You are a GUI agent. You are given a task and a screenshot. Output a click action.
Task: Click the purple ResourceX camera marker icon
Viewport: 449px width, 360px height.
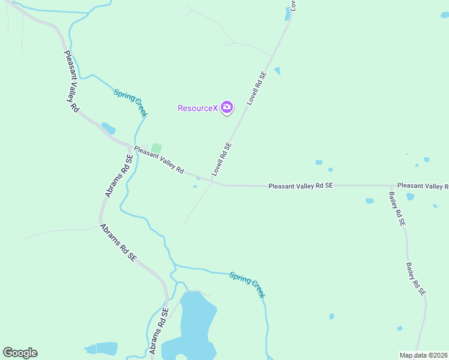coord(227,108)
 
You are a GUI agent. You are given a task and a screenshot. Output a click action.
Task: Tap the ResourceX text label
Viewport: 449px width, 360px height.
coord(197,109)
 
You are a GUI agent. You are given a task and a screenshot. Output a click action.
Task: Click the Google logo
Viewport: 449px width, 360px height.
coord(20,353)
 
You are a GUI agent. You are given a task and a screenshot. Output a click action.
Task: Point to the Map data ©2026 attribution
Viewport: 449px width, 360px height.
coord(423,355)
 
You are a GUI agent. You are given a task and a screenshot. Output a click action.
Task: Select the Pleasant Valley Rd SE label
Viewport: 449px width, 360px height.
coord(300,186)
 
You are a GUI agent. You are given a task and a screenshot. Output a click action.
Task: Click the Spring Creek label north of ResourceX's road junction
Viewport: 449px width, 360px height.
coord(130,103)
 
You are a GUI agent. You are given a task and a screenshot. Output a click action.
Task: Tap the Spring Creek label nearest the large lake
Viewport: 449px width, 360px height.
coord(247,284)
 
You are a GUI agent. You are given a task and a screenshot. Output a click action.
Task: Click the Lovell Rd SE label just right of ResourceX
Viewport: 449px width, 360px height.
coord(256,89)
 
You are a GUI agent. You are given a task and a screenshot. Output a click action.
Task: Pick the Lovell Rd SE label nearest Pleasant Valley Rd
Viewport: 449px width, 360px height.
coord(221,159)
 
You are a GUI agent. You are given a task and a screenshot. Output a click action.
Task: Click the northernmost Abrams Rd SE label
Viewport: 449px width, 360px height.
coord(119,176)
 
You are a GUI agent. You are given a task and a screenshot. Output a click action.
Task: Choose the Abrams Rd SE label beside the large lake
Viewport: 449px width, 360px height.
coord(156,331)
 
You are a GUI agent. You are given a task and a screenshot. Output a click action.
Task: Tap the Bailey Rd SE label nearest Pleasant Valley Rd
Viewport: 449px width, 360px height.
coord(397,208)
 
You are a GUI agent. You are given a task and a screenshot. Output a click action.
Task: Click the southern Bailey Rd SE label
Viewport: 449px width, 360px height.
coord(415,279)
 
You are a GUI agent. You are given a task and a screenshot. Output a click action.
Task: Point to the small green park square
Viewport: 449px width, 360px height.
coord(156,148)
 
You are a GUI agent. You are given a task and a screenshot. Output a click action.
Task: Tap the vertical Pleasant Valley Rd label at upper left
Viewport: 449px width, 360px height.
coord(71,82)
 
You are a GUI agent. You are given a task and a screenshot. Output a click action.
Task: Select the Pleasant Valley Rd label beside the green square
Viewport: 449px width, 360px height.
coord(158,160)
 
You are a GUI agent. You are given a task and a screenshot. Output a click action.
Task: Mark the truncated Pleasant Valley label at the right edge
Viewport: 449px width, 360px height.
coord(423,186)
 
